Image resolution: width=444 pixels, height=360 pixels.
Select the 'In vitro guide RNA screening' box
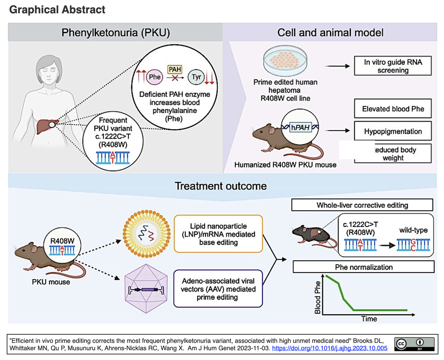click(x=393, y=66)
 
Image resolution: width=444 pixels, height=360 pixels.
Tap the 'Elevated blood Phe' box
click(x=393, y=109)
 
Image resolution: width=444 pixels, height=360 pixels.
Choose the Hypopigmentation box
click(x=393, y=131)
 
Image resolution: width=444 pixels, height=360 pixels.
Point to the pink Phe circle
click(x=155, y=77)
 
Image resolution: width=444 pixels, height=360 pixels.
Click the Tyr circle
click(x=196, y=77)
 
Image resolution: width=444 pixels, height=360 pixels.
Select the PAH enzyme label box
click(x=175, y=69)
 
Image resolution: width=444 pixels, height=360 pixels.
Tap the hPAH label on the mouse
click(x=300, y=128)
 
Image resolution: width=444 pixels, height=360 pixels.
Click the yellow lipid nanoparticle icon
click(x=146, y=234)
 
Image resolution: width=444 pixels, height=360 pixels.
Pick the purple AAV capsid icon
click(x=146, y=289)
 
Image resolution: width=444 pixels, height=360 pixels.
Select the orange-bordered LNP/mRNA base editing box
click(x=218, y=234)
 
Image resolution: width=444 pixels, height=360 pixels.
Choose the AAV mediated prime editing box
click(x=218, y=289)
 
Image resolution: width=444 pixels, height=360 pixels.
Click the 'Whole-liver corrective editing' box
click(x=362, y=205)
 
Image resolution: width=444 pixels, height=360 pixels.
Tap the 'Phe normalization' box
click(x=364, y=267)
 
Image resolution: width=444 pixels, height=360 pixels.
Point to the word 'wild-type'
click(x=413, y=230)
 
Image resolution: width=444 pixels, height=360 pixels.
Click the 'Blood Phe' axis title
click(x=318, y=297)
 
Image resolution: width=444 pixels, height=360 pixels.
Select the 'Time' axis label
click(x=369, y=319)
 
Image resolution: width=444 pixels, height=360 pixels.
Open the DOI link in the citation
click(x=329, y=348)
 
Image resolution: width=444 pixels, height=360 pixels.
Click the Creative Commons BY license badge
click(x=414, y=344)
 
